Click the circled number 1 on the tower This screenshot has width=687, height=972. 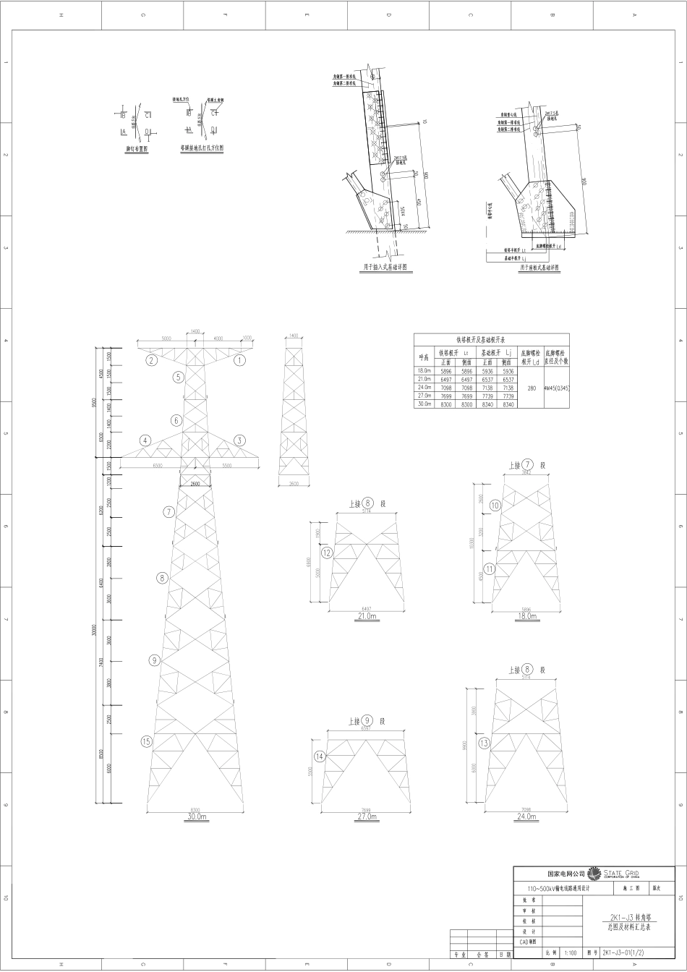[x=242, y=359]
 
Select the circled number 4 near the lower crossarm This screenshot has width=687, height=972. [x=146, y=440]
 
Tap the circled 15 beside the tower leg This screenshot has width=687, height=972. [x=146, y=741]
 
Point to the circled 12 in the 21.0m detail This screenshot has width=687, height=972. [x=327, y=553]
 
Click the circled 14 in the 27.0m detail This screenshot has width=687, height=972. [x=320, y=756]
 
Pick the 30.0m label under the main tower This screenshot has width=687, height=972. [x=196, y=817]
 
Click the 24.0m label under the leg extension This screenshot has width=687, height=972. [x=526, y=817]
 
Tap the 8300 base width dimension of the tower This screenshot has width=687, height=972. [x=195, y=809]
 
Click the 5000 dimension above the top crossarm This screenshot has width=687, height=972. [x=166, y=338]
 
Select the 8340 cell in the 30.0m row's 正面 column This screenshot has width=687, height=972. [x=487, y=405]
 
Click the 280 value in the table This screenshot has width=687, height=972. [x=532, y=388]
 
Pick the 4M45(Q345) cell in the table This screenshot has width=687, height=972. [x=557, y=388]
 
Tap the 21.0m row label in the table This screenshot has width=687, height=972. [x=424, y=380]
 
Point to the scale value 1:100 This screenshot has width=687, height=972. [x=570, y=953]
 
